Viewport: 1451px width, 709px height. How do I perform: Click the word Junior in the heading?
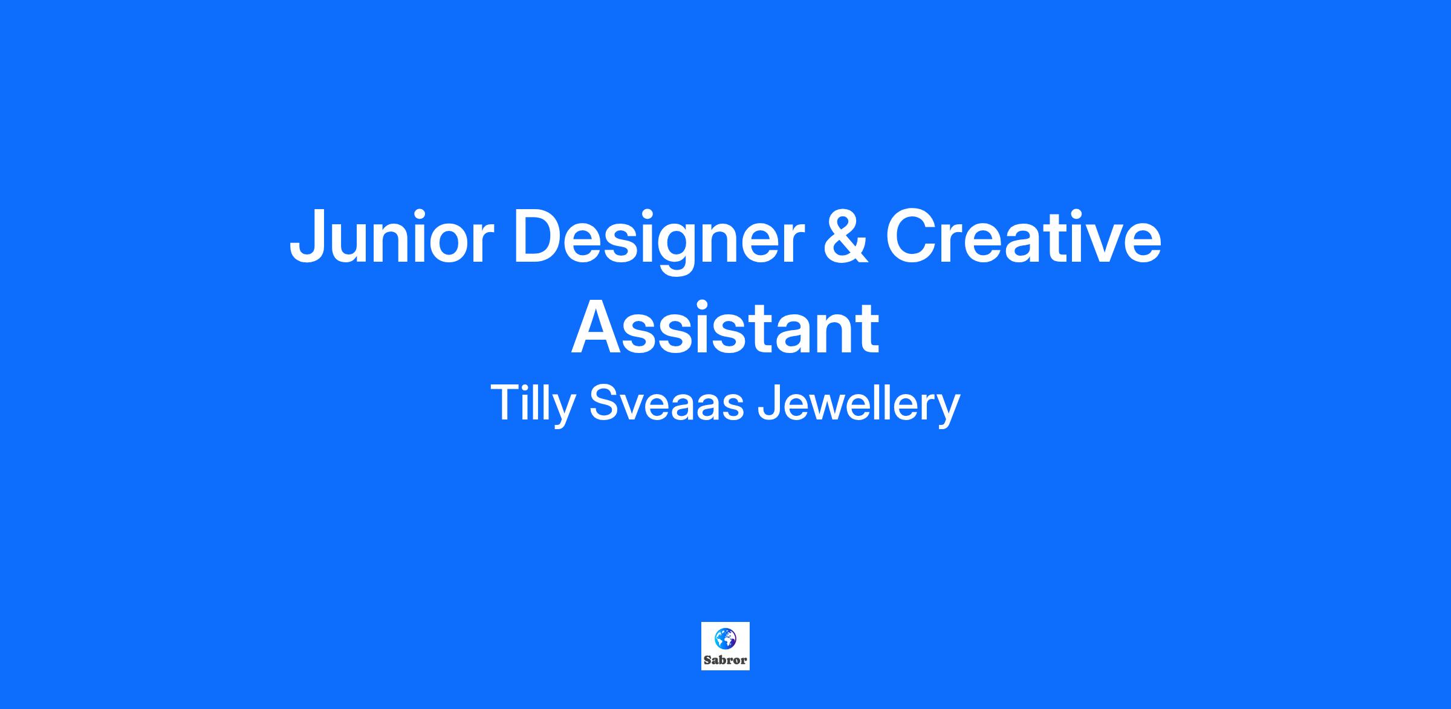(389, 235)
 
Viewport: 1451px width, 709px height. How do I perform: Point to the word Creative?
(1023, 235)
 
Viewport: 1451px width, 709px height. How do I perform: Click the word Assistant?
(725, 328)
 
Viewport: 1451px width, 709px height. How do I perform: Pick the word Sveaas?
(666, 403)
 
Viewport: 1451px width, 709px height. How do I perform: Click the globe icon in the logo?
(725, 638)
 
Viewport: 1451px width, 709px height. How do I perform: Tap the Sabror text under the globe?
(725, 660)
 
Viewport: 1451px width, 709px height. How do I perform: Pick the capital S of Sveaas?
(605, 402)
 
